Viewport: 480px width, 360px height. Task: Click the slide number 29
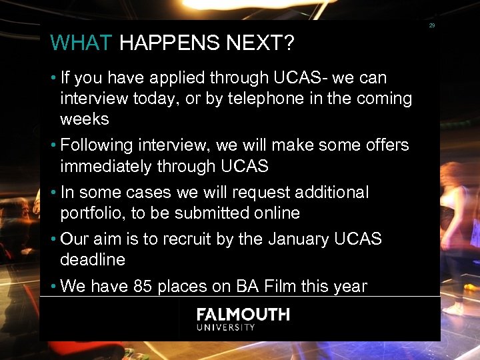pyautogui.click(x=432, y=25)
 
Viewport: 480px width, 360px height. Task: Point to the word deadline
pyautogui.click(x=93, y=259)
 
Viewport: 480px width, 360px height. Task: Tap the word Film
pyautogui.click(x=279, y=287)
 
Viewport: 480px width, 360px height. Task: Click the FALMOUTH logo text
pyautogui.click(x=243, y=315)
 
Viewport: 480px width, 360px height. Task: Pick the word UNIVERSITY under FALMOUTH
pyautogui.click(x=226, y=327)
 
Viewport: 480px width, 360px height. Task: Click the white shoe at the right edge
pyautogui.click(x=453, y=309)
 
